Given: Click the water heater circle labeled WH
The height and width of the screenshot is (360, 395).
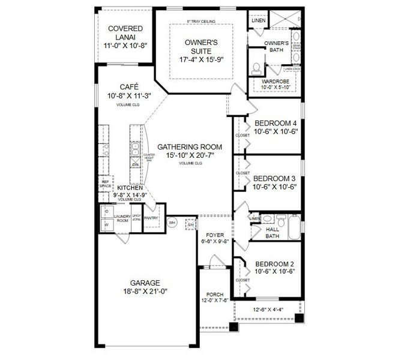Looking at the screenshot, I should (x=171, y=222).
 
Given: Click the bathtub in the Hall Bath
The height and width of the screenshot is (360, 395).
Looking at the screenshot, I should (x=294, y=227).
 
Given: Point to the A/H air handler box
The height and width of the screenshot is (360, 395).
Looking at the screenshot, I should (x=190, y=224).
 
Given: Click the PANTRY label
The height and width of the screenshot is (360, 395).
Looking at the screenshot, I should (x=151, y=218).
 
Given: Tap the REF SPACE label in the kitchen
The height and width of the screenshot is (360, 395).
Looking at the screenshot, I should (x=106, y=184).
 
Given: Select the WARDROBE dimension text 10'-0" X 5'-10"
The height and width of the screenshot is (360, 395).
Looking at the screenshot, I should (x=275, y=88).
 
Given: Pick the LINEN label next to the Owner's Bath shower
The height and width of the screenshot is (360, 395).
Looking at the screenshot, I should (x=258, y=20).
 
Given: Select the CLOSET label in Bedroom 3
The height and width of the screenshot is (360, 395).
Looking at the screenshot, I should (x=243, y=173).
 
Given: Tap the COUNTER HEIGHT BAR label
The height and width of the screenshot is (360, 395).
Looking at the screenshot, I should (x=148, y=157).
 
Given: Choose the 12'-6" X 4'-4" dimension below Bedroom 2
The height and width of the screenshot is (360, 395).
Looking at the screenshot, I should (x=269, y=309).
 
